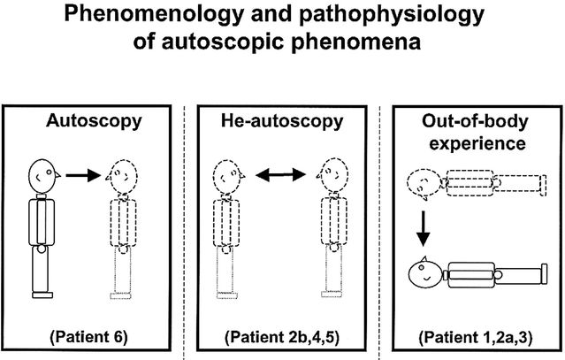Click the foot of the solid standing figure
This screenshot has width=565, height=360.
tap(41, 295)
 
